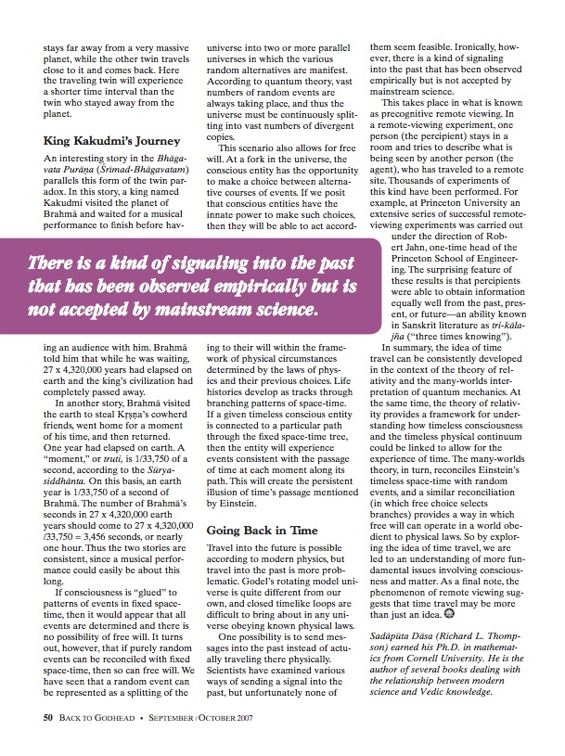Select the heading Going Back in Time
tap(263, 531)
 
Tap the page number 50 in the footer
tap(47, 717)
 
